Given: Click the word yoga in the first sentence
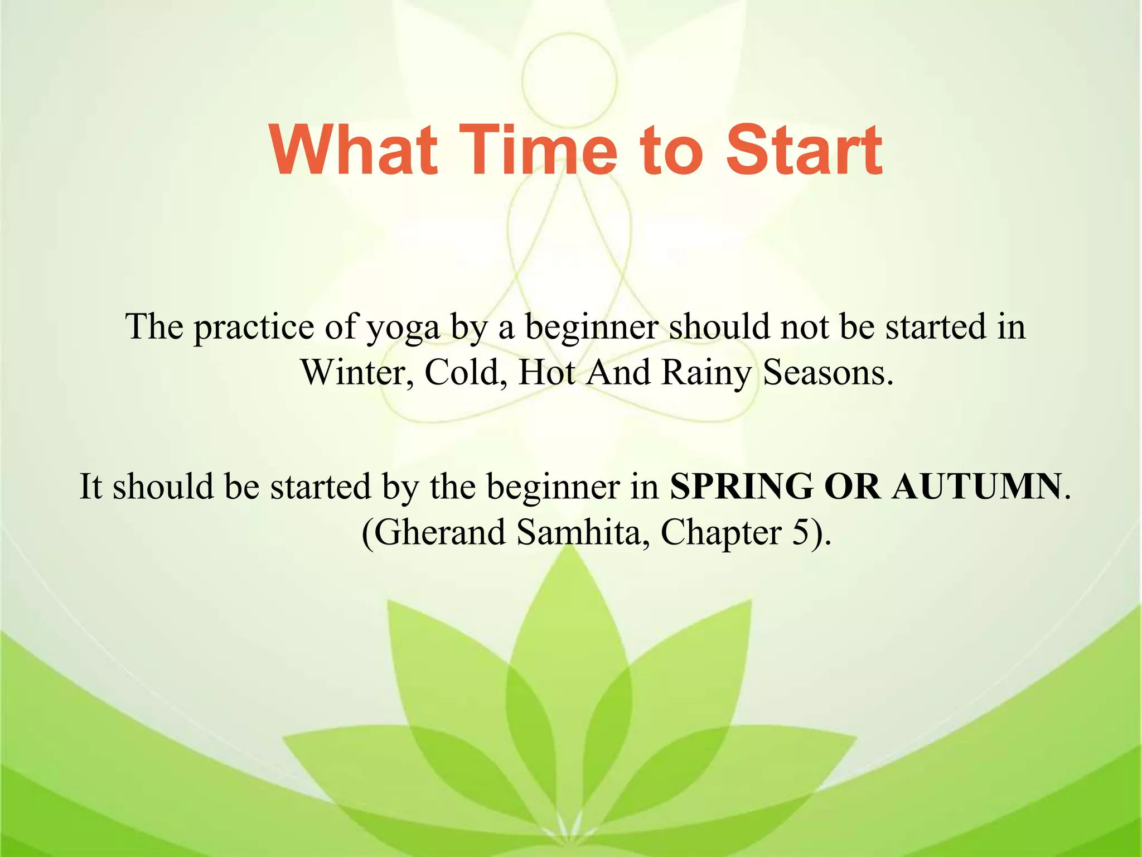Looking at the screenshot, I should point(403,328).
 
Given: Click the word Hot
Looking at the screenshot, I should point(547,373).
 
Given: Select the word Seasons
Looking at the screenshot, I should point(828,373).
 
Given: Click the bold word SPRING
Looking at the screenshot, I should point(741,487).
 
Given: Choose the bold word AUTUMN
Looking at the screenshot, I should point(976,487).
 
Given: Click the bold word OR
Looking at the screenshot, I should point(852,487).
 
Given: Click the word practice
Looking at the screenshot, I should point(254,328).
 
